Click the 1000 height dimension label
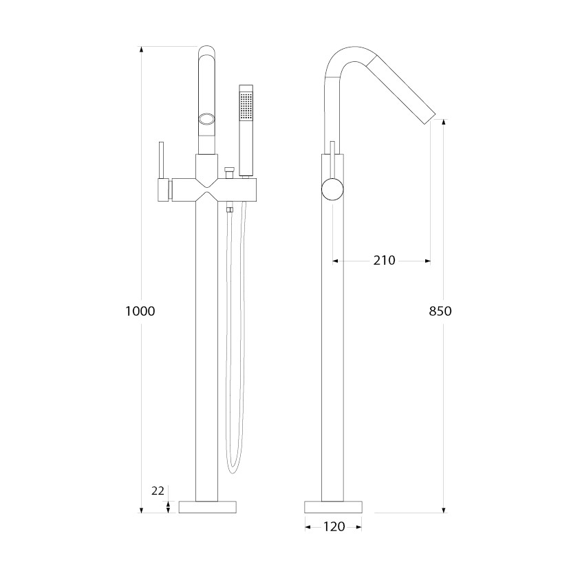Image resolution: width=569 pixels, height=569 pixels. point(140,311)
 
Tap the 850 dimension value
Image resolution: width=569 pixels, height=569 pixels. point(440,311)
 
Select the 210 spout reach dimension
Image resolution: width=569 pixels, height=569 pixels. point(385,261)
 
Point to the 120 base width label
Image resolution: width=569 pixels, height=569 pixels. point(334,526)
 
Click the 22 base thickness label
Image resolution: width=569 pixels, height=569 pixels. point(158,491)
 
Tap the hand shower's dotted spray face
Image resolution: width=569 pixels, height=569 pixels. point(246,106)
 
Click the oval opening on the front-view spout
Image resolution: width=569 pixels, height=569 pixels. point(207,119)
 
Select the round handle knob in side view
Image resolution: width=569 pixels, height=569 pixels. point(332,190)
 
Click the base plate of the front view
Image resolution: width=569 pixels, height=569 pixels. point(208,507)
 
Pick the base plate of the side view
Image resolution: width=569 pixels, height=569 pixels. point(333,507)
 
